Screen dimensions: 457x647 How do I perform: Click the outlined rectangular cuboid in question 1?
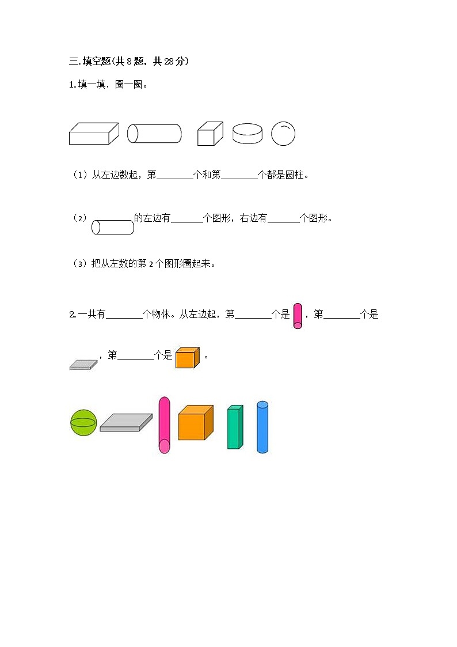point(93,134)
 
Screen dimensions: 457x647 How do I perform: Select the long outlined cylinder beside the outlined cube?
point(154,134)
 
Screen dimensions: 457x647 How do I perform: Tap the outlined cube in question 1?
point(210,134)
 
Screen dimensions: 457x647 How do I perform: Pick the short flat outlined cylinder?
point(247,134)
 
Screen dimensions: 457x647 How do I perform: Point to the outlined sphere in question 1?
point(283,134)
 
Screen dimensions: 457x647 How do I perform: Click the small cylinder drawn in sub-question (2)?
point(113,228)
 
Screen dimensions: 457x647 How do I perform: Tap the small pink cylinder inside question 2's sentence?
point(298,316)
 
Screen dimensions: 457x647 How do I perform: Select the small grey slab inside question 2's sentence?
point(84,364)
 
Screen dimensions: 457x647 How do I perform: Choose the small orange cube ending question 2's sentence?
point(187,358)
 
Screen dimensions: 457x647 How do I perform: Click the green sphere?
point(83,423)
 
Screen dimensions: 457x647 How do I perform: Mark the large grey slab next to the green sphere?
point(125,422)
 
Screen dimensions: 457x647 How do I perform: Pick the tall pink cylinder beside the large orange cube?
point(165,425)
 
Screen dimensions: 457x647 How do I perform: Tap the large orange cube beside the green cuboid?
point(195,423)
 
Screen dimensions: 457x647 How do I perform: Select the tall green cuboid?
point(235,427)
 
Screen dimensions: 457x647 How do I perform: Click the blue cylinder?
point(262,427)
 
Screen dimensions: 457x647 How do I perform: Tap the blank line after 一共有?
point(124,316)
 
